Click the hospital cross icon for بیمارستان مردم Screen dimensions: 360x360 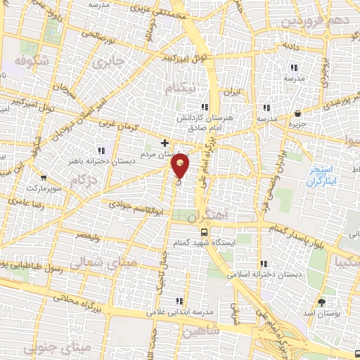pyautogui.click(x=165, y=143)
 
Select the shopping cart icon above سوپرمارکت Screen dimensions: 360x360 pyautogui.click(x=44, y=178)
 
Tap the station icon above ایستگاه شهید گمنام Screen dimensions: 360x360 pyautogui.click(x=203, y=231)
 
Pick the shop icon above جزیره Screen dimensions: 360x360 pyautogui.click(x=298, y=112)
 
